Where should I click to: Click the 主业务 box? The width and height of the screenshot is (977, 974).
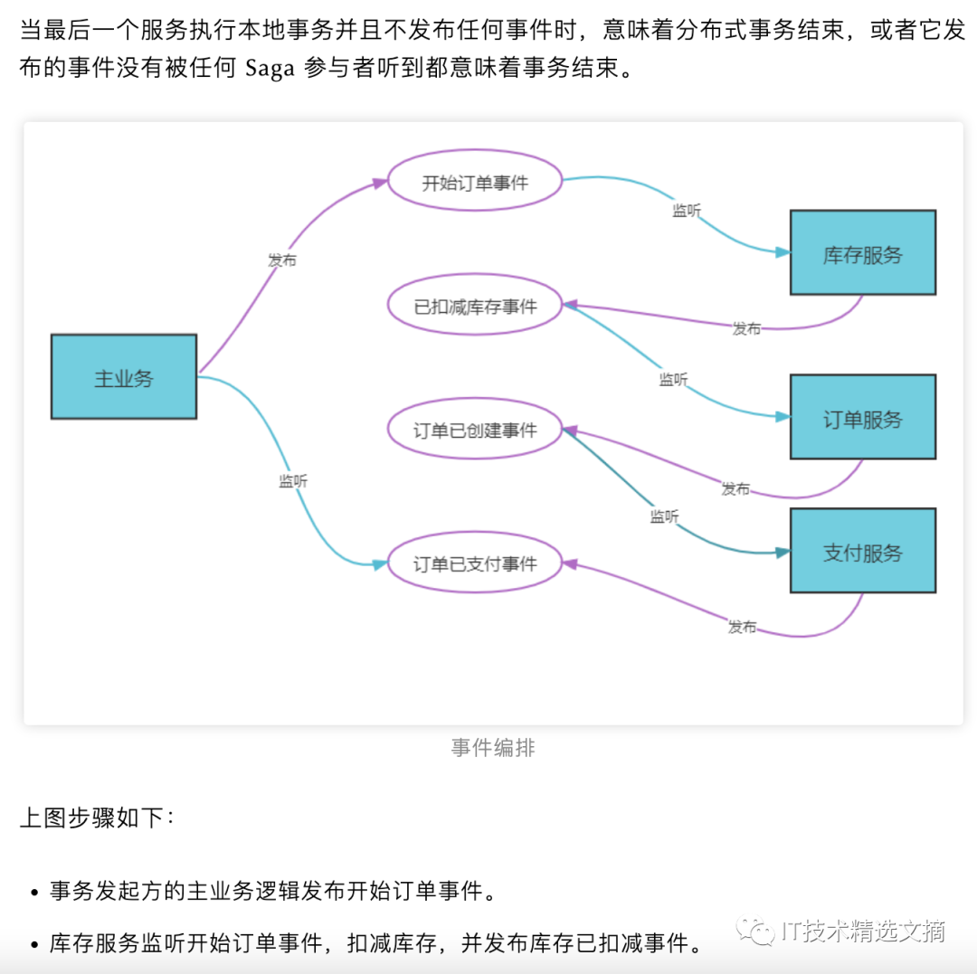point(124,377)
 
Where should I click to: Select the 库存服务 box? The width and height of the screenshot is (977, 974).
point(862,253)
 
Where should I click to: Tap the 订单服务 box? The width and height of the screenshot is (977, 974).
point(862,418)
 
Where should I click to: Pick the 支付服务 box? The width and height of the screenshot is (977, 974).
point(862,551)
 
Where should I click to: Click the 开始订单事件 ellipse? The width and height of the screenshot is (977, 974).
point(475,182)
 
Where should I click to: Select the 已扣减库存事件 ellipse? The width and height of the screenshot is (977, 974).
point(475,307)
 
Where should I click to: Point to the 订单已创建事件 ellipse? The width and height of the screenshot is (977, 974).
point(475,430)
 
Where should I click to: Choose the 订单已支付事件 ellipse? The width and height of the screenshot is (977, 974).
point(475,563)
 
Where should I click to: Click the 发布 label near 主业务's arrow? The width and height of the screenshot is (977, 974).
point(281,260)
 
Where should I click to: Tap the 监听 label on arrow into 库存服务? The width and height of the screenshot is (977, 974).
point(687,211)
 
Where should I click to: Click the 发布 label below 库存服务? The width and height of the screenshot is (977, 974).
point(746,328)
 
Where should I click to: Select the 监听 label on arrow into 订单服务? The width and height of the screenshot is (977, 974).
point(673,380)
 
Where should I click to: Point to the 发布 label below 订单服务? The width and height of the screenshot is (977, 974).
point(735,488)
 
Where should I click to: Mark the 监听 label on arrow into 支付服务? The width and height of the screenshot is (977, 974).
point(664,516)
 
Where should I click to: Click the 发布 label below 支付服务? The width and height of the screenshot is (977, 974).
point(742,627)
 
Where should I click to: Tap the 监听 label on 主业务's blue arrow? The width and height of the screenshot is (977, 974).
point(293,481)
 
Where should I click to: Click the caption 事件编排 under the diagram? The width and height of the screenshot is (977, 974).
point(493,748)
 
